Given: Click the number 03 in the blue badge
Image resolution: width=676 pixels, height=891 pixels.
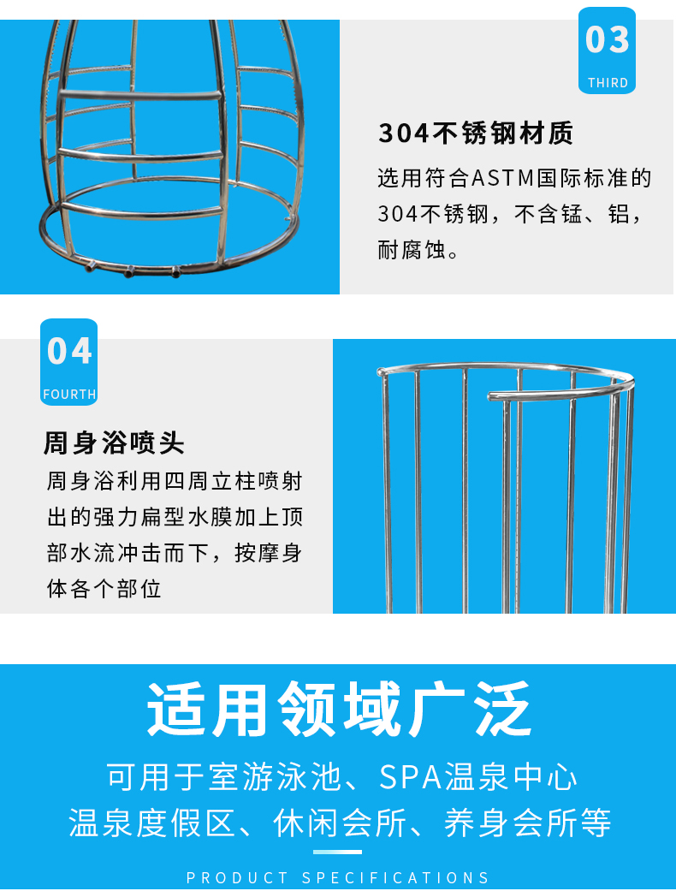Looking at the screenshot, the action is tap(608, 39).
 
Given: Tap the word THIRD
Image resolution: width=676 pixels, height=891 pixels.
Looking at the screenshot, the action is tap(608, 83).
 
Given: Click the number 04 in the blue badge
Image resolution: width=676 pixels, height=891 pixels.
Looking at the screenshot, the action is tap(69, 351).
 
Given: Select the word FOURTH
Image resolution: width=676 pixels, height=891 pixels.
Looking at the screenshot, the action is tap(69, 395).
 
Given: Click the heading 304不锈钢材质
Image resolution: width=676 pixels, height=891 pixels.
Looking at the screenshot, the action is tap(476, 134).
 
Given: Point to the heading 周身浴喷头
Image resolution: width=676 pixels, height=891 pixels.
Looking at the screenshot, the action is tap(114, 443).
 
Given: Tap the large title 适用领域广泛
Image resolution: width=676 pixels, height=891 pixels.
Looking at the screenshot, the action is tap(339, 710).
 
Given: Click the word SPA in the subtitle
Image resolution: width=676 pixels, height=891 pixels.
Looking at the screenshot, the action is tap(410, 777).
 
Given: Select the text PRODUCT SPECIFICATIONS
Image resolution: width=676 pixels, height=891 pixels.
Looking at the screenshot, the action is tap(338, 878).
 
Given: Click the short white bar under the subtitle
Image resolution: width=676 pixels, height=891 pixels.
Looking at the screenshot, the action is tap(337, 852).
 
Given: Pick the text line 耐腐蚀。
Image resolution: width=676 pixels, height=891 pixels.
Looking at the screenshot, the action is tap(418, 249).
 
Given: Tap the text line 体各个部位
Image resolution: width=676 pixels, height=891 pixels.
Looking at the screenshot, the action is tap(104, 589).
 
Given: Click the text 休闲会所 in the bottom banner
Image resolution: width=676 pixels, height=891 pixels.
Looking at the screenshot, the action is tap(340, 823).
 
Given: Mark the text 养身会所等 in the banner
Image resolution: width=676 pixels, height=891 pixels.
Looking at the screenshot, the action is tap(528, 823).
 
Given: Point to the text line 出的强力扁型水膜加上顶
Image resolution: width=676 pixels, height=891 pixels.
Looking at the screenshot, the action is tap(175, 517).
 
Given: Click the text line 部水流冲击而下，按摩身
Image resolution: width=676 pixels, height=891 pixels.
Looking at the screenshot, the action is tap(175, 553).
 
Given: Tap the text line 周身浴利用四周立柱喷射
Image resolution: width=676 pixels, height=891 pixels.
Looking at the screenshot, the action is tap(175, 481).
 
